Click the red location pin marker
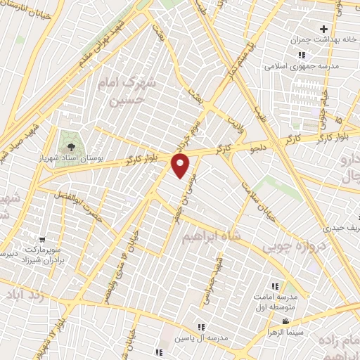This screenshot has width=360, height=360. coord(181,166)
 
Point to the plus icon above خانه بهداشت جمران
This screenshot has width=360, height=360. coord(323,29)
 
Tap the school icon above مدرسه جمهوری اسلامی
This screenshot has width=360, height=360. coord(302,55)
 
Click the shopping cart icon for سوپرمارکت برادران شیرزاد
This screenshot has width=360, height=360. coord(43,240)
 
